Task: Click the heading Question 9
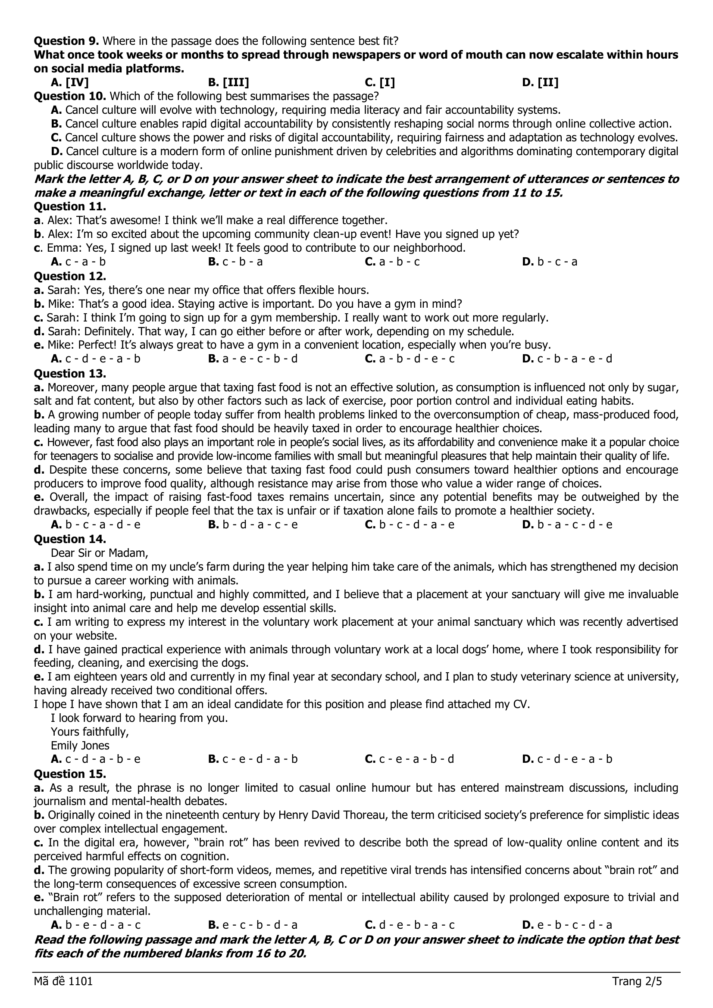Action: pyautogui.click(x=67, y=41)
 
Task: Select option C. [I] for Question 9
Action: pyautogui.click(x=380, y=83)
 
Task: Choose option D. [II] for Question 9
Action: pyautogui.click(x=540, y=83)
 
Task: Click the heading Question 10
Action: pyautogui.click(x=70, y=96)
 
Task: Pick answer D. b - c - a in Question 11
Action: pyautogui.click(x=550, y=262)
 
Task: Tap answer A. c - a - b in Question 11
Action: pyautogui.click(x=78, y=262)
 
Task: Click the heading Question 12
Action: pyautogui.click(x=70, y=276)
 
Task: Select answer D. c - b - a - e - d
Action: pyautogui.click(x=567, y=359)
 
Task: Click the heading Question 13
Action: pyautogui.click(x=70, y=373)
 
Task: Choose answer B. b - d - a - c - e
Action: pyautogui.click(x=253, y=524)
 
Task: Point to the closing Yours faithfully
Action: pyautogui.click(x=90, y=732)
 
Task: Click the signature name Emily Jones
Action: pyautogui.click(x=80, y=746)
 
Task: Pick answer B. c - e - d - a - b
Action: pyautogui.click(x=253, y=759)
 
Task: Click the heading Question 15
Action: pyautogui.click(x=70, y=773)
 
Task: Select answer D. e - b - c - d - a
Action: pyautogui.click(x=567, y=925)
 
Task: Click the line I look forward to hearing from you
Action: pyautogui.click(x=139, y=718)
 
